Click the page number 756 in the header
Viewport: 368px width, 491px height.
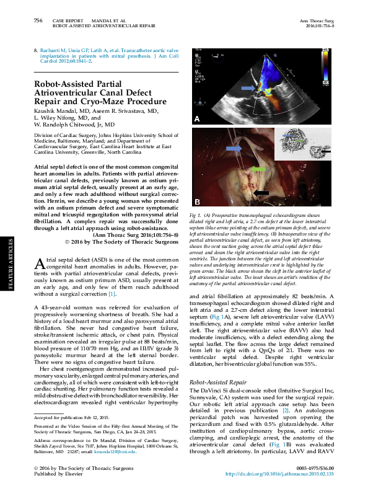point(38,20)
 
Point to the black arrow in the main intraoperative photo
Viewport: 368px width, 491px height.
point(261,193)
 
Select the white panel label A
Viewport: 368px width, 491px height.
point(198,118)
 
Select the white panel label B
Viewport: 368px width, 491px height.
point(198,202)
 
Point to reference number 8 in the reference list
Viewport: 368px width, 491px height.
point(35,49)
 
